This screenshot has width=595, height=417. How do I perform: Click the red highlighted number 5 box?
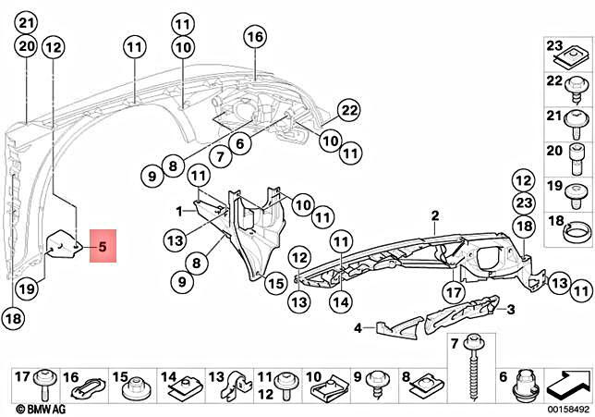[x=103, y=247]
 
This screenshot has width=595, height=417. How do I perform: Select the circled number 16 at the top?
[x=255, y=36]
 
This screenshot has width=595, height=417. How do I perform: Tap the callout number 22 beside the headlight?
[x=348, y=110]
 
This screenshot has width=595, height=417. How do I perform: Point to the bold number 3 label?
[x=510, y=308]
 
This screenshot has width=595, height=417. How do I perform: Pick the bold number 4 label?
[x=356, y=326]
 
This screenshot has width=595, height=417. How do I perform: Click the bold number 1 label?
[x=179, y=211]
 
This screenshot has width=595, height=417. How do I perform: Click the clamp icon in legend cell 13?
[x=240, y=381]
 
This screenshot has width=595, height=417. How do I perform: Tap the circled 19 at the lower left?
[x=28, y=288]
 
